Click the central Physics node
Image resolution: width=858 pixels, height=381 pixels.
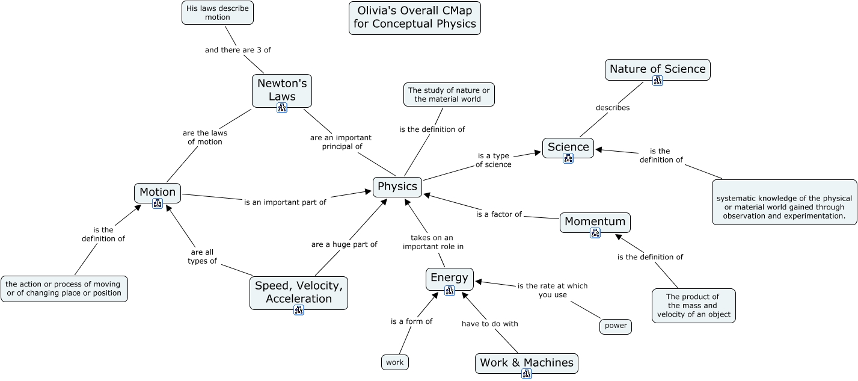(x=397, y=187)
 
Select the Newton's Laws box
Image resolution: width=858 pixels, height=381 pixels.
(x=282, y=89)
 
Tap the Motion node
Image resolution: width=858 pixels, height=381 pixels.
(x=158, y=192)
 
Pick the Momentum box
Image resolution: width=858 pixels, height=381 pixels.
(x=595, y=221)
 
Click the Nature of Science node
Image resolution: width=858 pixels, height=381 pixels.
(x=657, y=69)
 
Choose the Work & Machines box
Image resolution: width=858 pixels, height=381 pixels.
(x=526, y=362)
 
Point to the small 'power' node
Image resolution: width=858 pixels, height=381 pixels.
(x=616, y=326)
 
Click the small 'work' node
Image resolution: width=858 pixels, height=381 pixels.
(x=394, y=362)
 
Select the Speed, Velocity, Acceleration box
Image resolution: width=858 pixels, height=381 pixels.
(x=299, y=292)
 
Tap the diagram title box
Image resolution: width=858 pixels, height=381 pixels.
(x=415, y=17)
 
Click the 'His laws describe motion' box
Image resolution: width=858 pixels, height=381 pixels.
(x=218, y=13)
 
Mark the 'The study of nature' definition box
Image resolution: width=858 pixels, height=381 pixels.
(x=449, y=94)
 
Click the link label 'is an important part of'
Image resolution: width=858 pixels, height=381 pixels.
(x=285, y=202)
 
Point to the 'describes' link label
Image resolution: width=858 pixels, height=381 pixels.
(x=613, y=108)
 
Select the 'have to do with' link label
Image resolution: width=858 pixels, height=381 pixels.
(x=489, y=324)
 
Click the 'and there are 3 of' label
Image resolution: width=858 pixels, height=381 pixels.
(x=237, y=50)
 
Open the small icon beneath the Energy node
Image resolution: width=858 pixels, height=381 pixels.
(x=450, y=291)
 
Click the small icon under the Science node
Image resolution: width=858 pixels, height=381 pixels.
(x=568, y=158)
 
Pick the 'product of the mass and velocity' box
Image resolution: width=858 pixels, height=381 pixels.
(x=693, y=305)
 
